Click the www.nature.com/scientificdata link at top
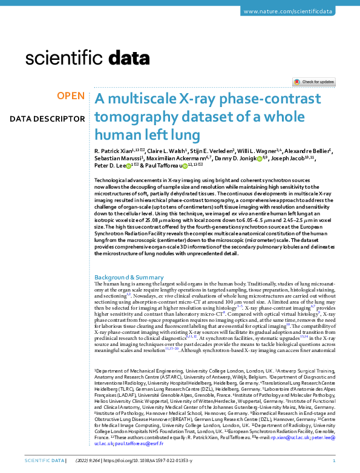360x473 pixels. [297, 11]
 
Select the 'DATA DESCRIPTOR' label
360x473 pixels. [47, 119]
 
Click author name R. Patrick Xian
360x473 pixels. [114, 150]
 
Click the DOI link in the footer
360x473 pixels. [159, 461]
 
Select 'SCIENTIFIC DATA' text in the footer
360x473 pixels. [43, 461]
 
